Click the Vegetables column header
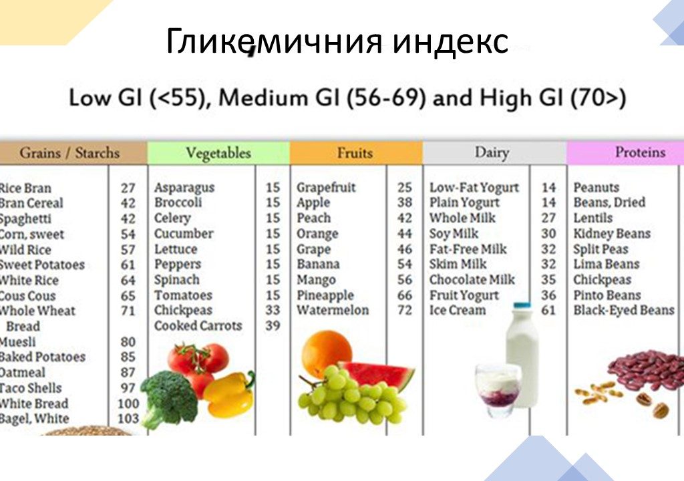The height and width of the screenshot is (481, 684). coord(218,153)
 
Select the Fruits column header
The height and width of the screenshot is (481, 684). coord(355,153)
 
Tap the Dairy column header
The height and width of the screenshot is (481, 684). coord(492,153)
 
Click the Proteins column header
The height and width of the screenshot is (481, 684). coord(640,152)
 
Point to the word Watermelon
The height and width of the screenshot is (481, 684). coord(333,311)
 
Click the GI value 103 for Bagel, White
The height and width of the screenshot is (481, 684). coord(128,419)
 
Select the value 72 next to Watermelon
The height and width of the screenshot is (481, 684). coord(405,311)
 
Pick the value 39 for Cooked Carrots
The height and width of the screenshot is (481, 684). coord(273,326)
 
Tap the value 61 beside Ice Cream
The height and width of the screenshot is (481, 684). coord(548,311)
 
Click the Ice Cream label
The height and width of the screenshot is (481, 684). coord(458,311)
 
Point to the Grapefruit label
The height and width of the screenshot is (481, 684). coord(326,188)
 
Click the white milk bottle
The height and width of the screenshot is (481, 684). coord(522,354)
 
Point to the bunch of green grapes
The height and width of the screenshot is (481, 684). coord(351,397)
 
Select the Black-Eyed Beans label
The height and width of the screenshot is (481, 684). coord(624,311)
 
